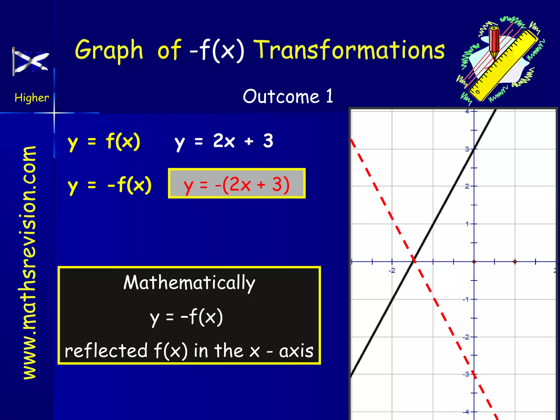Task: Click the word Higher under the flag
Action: [32, 98]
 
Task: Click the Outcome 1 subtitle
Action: [288, 96]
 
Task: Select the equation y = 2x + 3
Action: [224, 141]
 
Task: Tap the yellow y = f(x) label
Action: [104, 142]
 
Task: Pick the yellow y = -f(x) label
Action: [109, 185]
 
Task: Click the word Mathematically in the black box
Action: [189, 282]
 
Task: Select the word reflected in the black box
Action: [106, 351]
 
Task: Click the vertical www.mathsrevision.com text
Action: [30, 262]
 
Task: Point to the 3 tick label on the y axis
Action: [467, 149]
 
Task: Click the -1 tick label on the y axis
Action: [465, 299]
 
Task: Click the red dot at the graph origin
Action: [474, 262]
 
